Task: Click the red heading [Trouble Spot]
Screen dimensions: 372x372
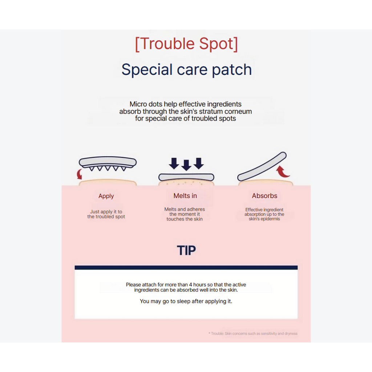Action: tap(186, 44)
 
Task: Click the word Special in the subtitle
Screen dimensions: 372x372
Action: tap(147, 70)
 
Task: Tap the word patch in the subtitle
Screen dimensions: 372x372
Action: tap(232, 70)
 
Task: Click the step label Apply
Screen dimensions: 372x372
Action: tap(106, 196)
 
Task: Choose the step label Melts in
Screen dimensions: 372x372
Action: tap(185, 196)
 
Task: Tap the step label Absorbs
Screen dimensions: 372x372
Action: tap(264, 196)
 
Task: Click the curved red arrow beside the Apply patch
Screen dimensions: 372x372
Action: tap(80, 174)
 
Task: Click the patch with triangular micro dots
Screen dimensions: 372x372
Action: tap(108, 163)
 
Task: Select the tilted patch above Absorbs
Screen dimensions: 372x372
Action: tap(262, 166)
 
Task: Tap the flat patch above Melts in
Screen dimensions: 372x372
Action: tap(186, 177)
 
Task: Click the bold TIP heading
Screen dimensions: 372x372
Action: tap(186, 251)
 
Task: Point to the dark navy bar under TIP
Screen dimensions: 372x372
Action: tap(186, 268)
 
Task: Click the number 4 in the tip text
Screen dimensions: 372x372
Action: tap(190, 285)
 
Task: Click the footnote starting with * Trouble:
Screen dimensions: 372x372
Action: tap(253, 333)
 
